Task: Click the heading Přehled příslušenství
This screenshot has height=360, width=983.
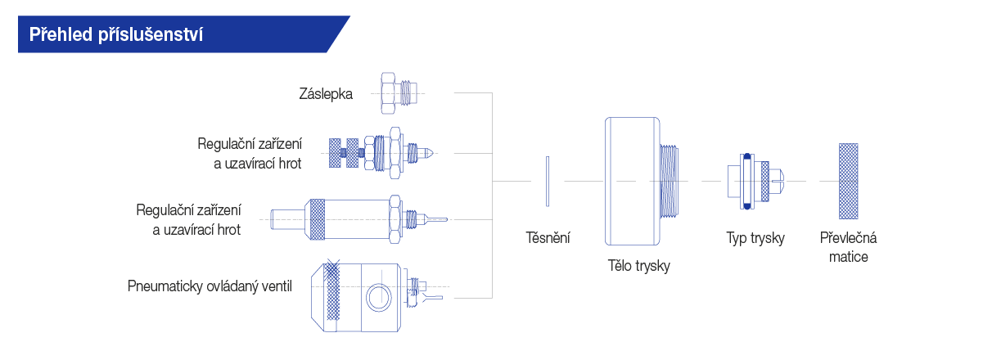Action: click(x=116, y=34)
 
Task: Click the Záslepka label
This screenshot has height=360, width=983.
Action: click(x=326, y=94)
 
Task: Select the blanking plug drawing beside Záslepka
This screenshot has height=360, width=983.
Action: click(x=399, y=93)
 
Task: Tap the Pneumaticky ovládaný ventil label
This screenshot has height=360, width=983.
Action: click(x=210, y=286)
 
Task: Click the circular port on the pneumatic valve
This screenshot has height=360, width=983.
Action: click(x=378, y=297)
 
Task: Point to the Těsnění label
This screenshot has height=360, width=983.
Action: click(x=548, y=237)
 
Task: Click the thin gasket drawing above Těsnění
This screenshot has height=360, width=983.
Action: click(x=548, y=181)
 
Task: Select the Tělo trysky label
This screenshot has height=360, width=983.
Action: click(x=638, y=266)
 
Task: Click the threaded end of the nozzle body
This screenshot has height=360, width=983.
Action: click(x=670, y=181)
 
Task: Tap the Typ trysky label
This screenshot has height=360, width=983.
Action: click(x=755, y=238)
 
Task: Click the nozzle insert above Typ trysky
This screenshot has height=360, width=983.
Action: click(x=755, y=181)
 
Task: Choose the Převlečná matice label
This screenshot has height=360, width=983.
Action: click(x=848, y=247)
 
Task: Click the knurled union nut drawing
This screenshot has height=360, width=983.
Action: click(x=848, y=181)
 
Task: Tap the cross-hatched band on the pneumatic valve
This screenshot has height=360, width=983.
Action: click(x=331, y=291)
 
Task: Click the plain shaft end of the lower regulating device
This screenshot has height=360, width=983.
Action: click(x=287, y=220)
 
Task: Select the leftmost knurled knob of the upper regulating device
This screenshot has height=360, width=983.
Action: click(x=335, y=153)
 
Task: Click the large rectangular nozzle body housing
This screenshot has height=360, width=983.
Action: click(x=633, y=181)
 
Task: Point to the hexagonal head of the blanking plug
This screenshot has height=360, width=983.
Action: click(x=388, y=93)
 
